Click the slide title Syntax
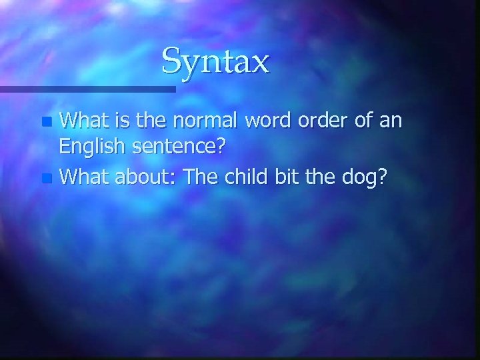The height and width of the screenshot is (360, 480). point(215,61)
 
